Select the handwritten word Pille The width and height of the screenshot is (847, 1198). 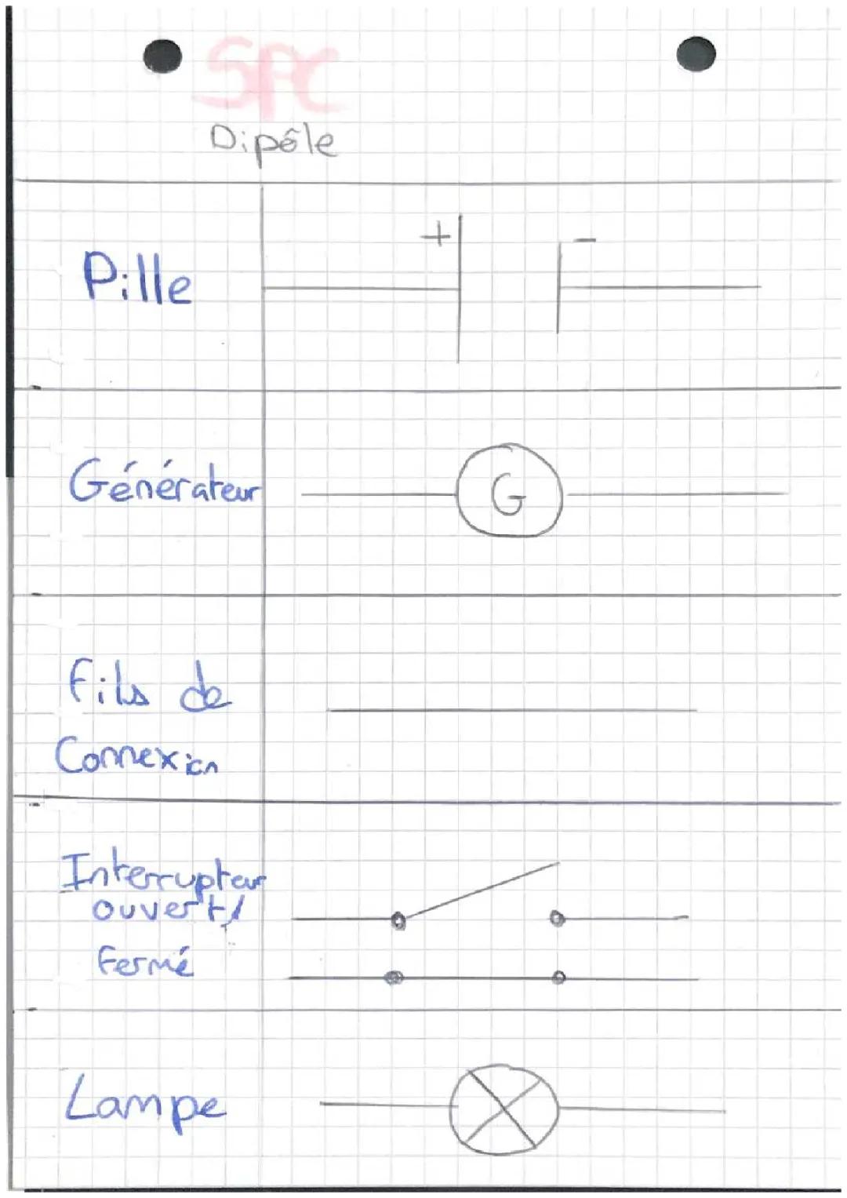pos(137,279)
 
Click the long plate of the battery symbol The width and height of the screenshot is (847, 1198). pos(460,289)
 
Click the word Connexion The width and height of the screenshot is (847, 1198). pos(136,757)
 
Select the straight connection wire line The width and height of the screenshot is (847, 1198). pos(511,711)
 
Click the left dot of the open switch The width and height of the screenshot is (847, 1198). pos(398,919)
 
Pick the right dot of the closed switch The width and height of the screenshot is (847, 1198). pos(558,978)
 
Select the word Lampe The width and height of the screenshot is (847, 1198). pos(145,1102)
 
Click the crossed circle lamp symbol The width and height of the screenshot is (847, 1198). pos(503,1109)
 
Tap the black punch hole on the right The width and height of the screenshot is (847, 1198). pos(696,54)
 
